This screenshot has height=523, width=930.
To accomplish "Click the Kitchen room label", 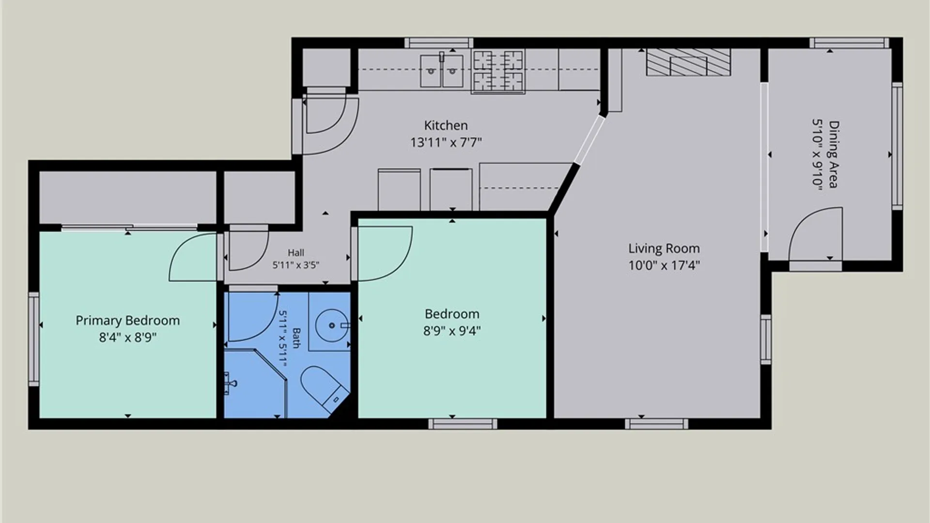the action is pos(446,125).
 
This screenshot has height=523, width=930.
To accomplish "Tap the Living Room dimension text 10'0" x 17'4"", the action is pos(664,265).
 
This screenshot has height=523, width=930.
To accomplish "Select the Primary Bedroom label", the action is pos(127,321).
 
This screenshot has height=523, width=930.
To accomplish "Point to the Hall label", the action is pos(296,253).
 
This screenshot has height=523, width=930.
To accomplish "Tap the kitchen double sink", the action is pos(441,71).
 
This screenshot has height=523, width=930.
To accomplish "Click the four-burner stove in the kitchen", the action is pos(498,71).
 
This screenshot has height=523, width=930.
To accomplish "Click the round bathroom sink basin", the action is pos(331,325).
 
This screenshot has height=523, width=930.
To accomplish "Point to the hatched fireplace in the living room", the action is pos(688,62).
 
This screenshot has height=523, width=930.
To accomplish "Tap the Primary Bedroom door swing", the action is pos(192,257).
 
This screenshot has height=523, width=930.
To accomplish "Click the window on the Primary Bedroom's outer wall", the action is pos(33,339).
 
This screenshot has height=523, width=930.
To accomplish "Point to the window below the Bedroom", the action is pos(463,424).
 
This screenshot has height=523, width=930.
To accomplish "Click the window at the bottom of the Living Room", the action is pos(656,424).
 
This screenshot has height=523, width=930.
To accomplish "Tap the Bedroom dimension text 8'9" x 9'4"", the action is pos(452,331).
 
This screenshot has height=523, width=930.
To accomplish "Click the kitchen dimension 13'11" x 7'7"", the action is pos(446,143).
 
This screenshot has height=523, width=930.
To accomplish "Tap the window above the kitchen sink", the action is pos(439,43).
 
